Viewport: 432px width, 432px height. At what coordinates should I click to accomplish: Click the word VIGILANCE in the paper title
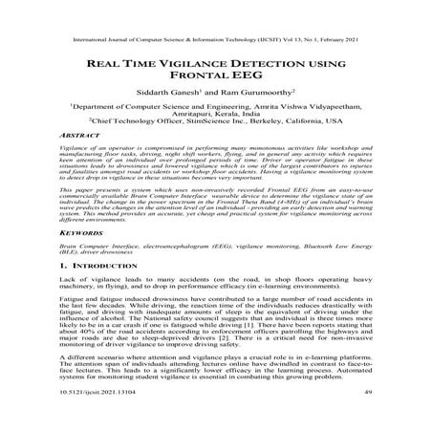197,64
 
